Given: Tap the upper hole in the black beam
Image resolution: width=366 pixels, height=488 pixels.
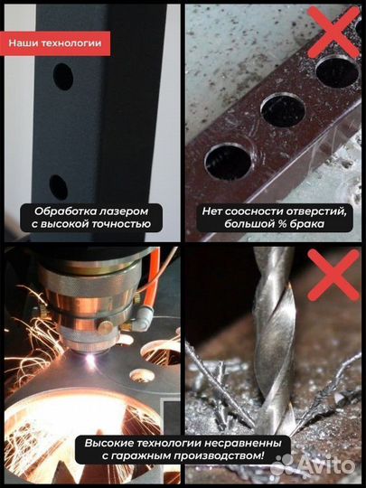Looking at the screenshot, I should point(62,79).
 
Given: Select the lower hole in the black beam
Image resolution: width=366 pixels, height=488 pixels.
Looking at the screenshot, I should point(58,187).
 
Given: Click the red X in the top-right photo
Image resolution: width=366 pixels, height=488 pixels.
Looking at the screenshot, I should point(331,31).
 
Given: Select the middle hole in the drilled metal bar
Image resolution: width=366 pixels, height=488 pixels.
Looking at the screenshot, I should point(282,110).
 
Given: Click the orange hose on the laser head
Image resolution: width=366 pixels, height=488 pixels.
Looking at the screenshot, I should point(155,280).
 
